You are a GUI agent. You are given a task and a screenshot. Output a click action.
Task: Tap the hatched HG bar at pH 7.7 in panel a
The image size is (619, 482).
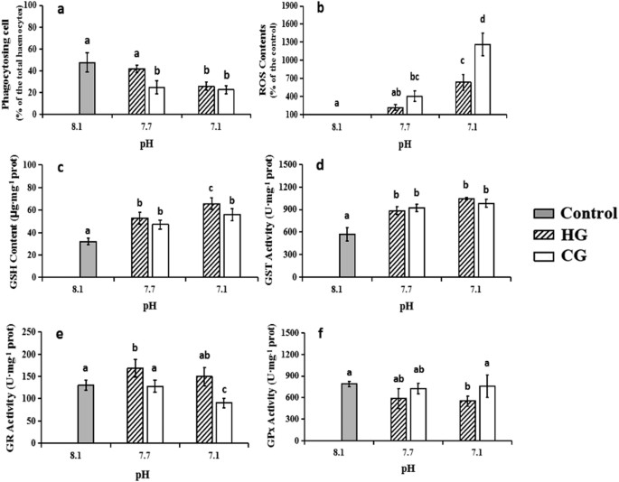click(x=139, y=92)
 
